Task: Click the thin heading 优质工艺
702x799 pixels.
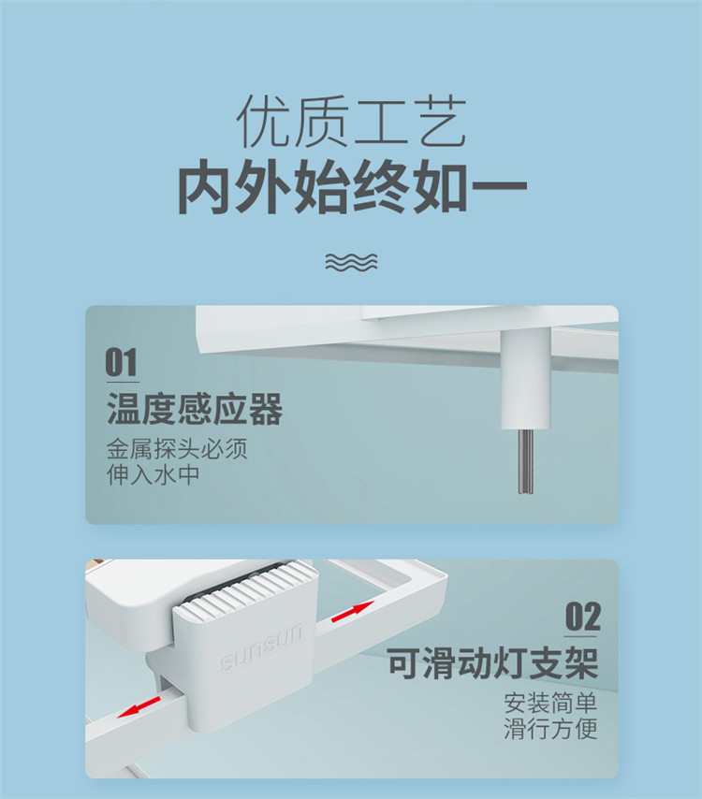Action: point(351,122)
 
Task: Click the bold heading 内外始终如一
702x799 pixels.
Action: point(352,186)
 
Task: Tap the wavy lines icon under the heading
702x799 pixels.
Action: point(351,262)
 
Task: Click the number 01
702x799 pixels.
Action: point(122,362)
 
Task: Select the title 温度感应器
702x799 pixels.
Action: point(195,409)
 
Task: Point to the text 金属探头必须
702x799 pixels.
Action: point(177,449)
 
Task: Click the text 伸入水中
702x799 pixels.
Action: point(153,475)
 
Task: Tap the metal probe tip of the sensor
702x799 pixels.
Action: point(526,462)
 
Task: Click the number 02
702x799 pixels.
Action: point(582,617)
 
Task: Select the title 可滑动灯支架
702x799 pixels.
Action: point(492,663)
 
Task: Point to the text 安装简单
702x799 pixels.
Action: point(550,704)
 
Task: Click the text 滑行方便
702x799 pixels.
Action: point(550,729)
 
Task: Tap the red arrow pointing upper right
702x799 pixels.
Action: point(353,611)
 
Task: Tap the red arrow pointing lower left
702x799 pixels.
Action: point(139,707)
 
